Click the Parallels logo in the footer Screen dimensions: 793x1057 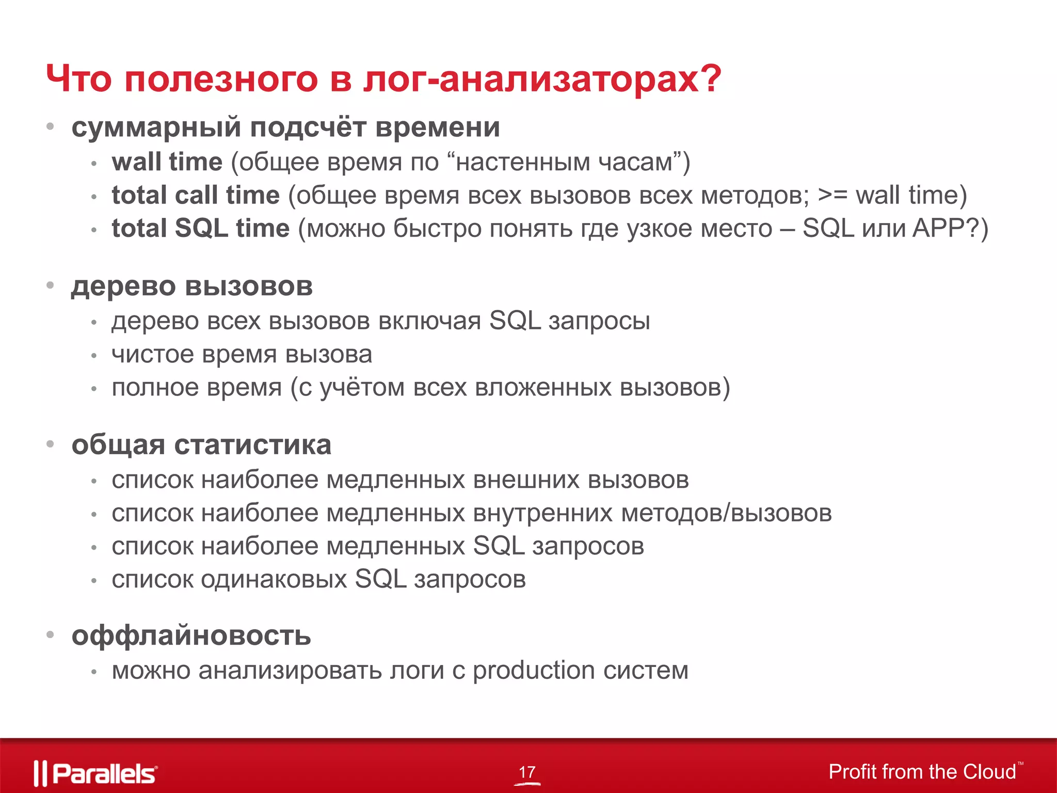pos(96,773)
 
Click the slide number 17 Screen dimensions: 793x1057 pos(527,772)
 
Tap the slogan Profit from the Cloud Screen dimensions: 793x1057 pos(922,772)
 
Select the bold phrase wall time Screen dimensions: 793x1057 pos(167,162)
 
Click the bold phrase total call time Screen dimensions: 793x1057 pos(196,196)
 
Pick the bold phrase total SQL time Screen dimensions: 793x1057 pos(201,229)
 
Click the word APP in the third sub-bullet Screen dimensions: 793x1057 pos(937,228)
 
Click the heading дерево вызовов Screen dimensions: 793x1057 pos(192,287)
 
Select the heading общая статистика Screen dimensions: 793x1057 pos(201,445)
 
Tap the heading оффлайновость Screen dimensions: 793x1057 pos(191,636)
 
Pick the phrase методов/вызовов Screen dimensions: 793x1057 pos(726,513)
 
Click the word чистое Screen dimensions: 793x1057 pos(153,355)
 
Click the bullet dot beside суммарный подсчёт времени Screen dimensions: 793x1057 pos(50,126)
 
